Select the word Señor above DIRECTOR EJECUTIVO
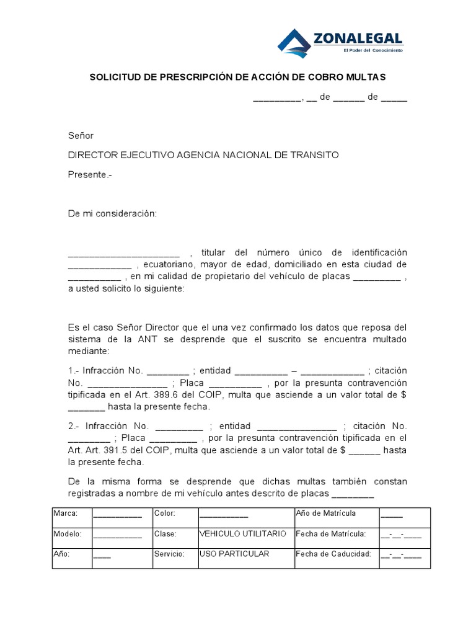point(81,136)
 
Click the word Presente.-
point(90,174)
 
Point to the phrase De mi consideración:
point(113,213)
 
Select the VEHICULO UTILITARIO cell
point(243,534)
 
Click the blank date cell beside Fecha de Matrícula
point(401,535)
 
